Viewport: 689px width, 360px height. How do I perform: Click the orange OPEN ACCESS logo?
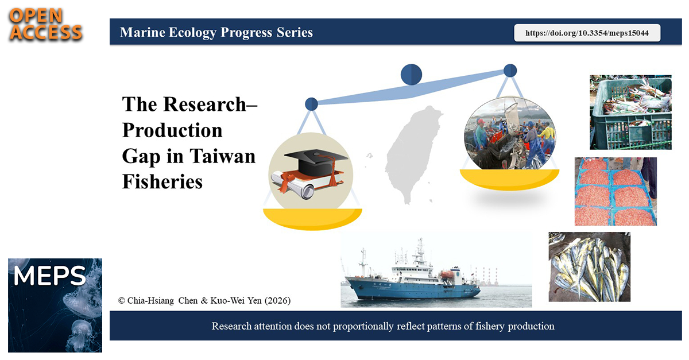[45, 24]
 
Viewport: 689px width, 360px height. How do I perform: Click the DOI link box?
[587, 33]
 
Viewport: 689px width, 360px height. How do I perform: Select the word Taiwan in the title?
[222, 156]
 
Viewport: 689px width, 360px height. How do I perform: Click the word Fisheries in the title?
[162, 181]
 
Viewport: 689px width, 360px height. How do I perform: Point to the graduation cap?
[316, 161]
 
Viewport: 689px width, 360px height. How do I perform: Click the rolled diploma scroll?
[292, 185]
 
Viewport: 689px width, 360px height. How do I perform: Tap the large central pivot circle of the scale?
[411, 75]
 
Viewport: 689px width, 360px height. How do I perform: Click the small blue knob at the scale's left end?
[311, 104]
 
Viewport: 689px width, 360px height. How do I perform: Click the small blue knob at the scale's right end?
[510, 71]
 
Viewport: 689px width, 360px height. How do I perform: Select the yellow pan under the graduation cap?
[312, 219]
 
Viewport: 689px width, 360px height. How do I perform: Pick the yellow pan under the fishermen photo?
[509, 179]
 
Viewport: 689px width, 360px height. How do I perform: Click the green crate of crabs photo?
[630, 113]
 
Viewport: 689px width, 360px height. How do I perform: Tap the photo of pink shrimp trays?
[616, 191]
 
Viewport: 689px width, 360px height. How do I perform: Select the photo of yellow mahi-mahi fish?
[589, 267]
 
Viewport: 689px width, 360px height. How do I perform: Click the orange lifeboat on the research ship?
[447, 274]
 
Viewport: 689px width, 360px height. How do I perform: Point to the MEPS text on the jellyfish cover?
[49, 276]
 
